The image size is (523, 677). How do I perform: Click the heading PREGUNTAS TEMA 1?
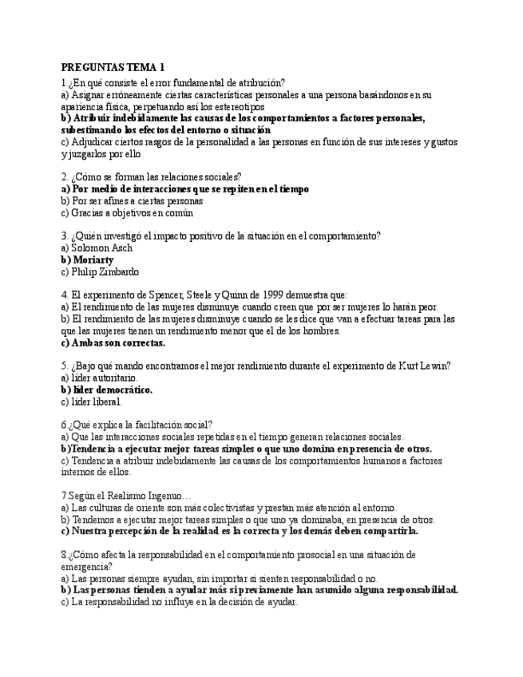[x=113, y=67]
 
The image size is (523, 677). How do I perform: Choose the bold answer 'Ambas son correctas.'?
[x=113, y=342]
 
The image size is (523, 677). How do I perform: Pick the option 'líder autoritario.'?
[x=104, y=378]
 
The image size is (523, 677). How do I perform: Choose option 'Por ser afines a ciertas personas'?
[x=132, y=201]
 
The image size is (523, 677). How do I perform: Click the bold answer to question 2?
[x=185, y=189]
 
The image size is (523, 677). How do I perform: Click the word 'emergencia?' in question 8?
[x=86, y=566]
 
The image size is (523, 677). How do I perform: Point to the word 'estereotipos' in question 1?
[x=240, y=106]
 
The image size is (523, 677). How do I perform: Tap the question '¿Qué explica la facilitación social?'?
[x=140, y=425]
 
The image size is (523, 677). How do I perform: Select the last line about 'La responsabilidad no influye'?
[x=179, y=602]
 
